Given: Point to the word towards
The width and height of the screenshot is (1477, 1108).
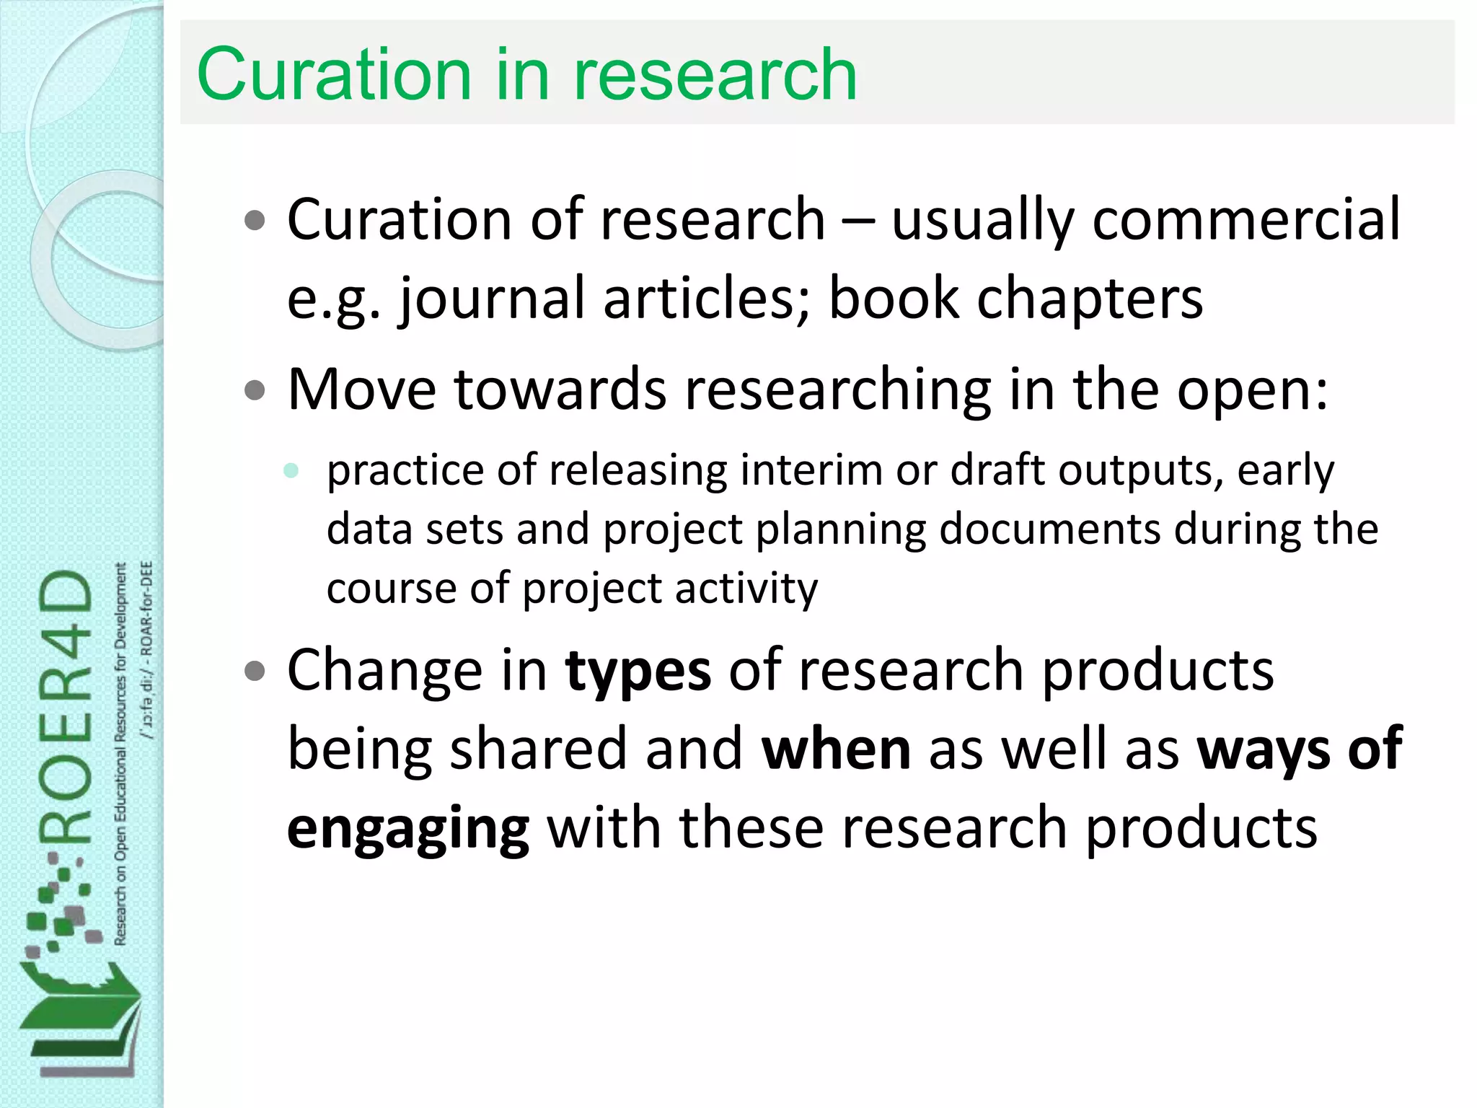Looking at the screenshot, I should coord(560,390).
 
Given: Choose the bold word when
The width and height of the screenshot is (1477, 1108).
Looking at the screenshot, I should coord(836,749).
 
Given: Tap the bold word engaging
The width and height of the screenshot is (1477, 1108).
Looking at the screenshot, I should coord(408,830).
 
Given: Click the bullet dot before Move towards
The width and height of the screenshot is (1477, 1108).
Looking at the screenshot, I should coord(255,390).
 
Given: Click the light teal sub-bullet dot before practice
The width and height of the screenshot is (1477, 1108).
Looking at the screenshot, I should coord(291,471).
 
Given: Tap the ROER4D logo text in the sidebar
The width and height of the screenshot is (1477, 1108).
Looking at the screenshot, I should coord(66,707).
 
